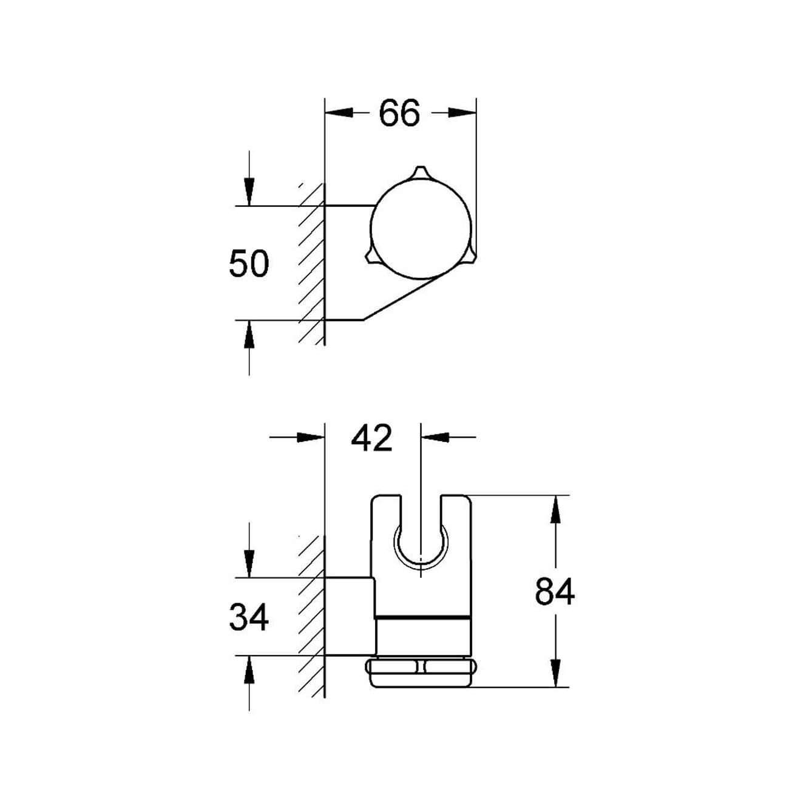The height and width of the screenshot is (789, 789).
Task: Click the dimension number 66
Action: point(399,113)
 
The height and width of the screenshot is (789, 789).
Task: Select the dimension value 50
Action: point(248,264)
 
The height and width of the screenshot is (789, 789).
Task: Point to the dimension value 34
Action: point(248,618)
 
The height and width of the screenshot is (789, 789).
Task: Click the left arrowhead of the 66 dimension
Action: point(339,113)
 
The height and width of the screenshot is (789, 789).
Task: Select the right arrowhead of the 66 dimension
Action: point(462,113)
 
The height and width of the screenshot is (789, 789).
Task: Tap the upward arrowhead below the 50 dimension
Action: point(249,334)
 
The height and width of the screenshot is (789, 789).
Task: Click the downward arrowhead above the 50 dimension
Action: point(249,192)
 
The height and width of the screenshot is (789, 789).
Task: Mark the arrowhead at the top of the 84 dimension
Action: point(555,510)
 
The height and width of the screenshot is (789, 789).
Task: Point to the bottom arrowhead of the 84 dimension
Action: point(555,673)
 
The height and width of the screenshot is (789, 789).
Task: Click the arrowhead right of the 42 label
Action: point(435,437)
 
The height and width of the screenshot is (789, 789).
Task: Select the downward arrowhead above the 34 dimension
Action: point(249,564)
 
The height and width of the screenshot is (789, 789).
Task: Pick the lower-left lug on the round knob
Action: point(371,257)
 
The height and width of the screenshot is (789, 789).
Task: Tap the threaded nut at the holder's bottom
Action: point(419,672)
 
